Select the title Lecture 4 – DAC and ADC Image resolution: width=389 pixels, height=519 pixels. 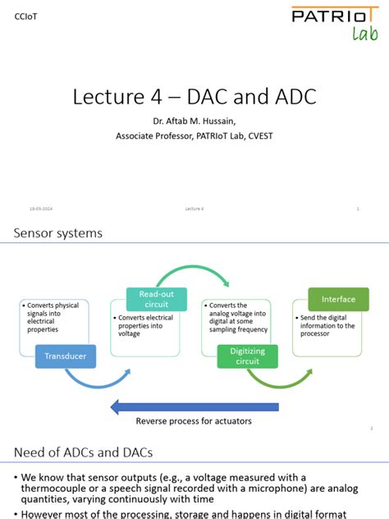(194, 96)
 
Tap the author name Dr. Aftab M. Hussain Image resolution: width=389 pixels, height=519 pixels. (194, 122)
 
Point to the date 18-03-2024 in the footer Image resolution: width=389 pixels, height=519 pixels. (42, 209)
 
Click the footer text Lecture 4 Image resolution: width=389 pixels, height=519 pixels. (194, 209)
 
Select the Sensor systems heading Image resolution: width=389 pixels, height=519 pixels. (58, 233)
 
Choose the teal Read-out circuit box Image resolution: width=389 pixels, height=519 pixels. (157, 299)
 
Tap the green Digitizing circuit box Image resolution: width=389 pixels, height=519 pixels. (247, 356)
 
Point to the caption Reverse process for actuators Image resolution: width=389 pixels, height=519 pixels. (194, 421)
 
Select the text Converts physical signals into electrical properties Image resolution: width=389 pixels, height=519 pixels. (54, 317)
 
